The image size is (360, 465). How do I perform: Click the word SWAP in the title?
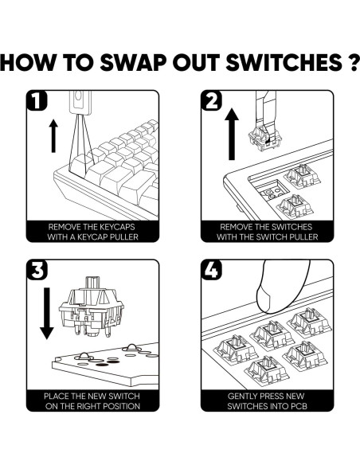[x=133, y=62]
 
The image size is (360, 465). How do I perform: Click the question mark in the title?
[x=353, y=62]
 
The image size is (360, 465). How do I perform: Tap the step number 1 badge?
[x=37, y=100]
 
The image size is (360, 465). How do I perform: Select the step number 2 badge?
[x=211, y=100]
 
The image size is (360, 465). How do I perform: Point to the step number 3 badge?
[x=37, y=270]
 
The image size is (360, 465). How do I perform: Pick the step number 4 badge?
[x=211, y=270]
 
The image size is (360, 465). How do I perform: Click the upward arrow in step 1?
[x=53, y=136]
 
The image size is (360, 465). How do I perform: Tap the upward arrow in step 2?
[x=232, y=134]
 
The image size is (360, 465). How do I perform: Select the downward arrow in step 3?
[x=47, y=313]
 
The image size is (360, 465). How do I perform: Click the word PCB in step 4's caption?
[x=299, y=406]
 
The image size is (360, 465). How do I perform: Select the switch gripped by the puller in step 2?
[x=264, y=138]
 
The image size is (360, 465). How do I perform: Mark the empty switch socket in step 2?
[x=271, y=190]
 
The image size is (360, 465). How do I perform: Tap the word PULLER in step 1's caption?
[x=124, y=237]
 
